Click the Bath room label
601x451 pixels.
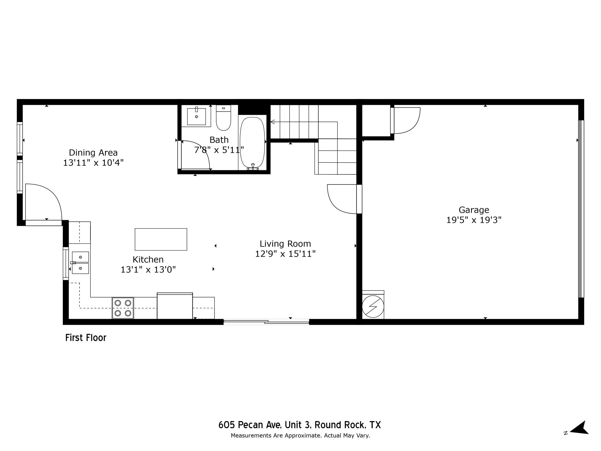[219, 140]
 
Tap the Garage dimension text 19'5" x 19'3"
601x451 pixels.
[474, 220]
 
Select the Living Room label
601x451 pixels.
[285, 244]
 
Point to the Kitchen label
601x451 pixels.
[148, 260]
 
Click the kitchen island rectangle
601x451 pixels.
[161, 239]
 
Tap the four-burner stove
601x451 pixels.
[123, 308]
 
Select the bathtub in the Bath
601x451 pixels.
[252, 143]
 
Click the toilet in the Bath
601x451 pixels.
[223, 118]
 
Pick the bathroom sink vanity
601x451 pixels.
[196, 116]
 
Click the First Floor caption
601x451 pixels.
[86, 338]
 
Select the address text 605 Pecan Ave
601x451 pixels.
[299, 425]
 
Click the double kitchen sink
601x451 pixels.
[80, 262]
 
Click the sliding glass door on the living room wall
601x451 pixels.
[266, 322]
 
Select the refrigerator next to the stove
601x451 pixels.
[175, 306]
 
